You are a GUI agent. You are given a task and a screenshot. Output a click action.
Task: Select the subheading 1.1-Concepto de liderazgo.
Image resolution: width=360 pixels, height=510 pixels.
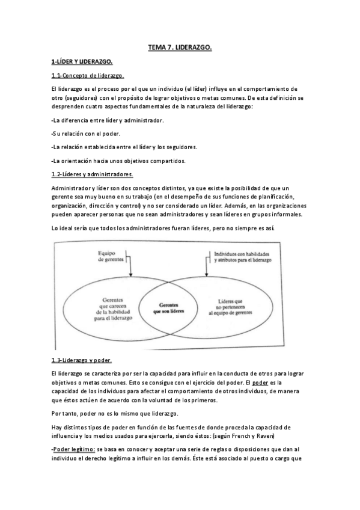(88, 76)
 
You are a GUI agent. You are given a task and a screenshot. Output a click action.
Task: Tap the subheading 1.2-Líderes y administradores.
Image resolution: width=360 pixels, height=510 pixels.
(93, 174)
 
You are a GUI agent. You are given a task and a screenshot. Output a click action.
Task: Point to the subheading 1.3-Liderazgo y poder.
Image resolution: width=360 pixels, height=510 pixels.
(82, 360)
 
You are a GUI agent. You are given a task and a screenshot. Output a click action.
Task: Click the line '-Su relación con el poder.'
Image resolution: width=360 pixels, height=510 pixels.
(85, 133)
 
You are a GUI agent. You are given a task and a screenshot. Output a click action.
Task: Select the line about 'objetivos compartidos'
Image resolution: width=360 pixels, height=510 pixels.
(118, 161)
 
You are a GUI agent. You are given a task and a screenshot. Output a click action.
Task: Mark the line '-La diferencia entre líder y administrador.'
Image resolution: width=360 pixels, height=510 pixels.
(108, 120)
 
